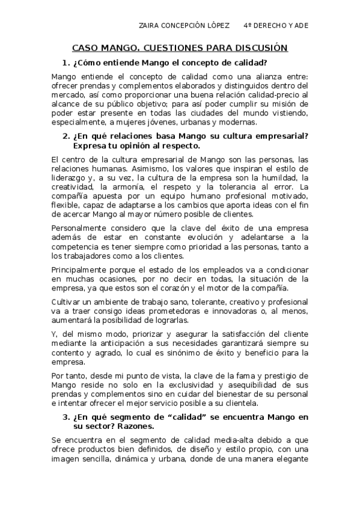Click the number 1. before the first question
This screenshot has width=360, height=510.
tap(66, 63)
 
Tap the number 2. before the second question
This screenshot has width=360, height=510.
tap(66, 137)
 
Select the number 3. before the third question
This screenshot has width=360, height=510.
tap(66, 416)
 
